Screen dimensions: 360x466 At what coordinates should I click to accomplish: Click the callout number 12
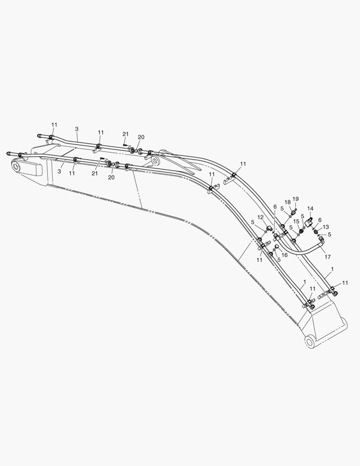(260, 217)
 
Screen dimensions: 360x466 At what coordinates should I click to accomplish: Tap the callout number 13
(326, 227)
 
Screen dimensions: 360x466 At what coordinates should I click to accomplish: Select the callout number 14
(310, 208)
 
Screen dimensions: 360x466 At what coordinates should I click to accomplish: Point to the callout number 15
(296, 221)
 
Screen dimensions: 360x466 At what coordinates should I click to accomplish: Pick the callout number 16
(284, 255)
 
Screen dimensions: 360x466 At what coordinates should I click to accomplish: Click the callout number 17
(328, 257)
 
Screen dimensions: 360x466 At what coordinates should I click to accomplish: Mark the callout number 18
(288, 202)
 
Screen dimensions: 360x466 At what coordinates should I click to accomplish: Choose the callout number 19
(295, 199)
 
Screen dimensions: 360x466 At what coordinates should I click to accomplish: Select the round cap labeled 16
(276, 247)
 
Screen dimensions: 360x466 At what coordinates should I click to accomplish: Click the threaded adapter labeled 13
(316, 231)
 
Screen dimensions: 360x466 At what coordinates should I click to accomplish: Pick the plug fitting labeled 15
(301, 230)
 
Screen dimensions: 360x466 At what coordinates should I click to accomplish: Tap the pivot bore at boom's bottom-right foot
(310, 342)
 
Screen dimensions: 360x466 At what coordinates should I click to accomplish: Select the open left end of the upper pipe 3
(39, 136)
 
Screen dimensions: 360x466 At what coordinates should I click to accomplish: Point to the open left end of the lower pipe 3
(7, 153)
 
